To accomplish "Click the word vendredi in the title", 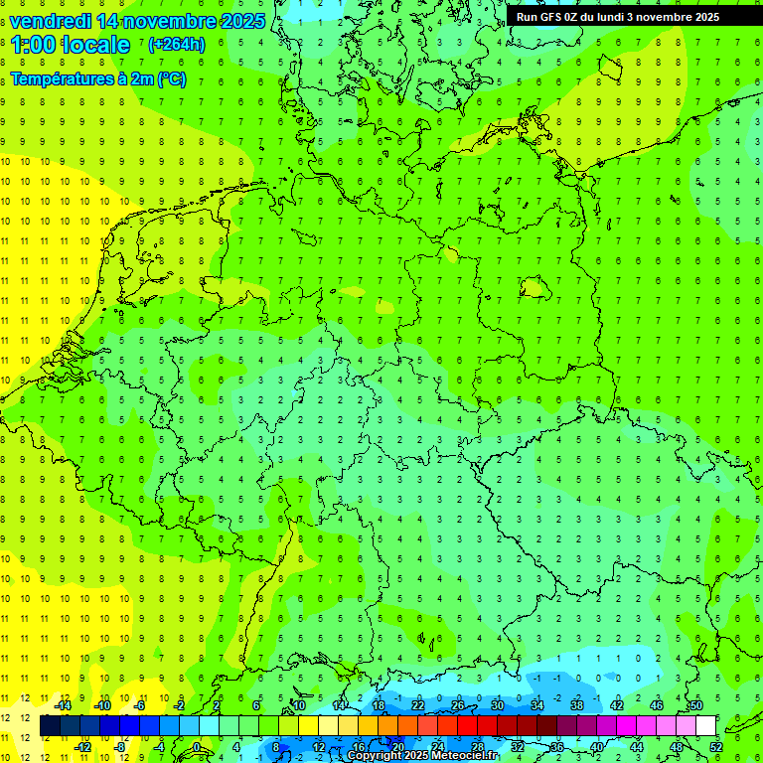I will point(51,21).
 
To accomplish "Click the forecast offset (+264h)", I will point(176,45).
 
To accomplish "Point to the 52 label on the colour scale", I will point(716,747).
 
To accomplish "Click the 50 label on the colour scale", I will point(696,705).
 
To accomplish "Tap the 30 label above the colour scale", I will point(498,705).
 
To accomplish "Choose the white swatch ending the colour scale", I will point(706,726).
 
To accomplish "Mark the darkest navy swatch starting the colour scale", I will point(50,726).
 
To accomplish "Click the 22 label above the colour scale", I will point(418,705).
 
